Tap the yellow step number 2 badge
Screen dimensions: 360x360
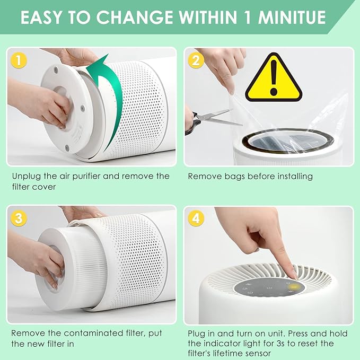196,61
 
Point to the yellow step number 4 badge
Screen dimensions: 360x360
196,218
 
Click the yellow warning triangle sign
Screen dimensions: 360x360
274,80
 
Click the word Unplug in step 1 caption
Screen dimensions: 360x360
25,176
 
